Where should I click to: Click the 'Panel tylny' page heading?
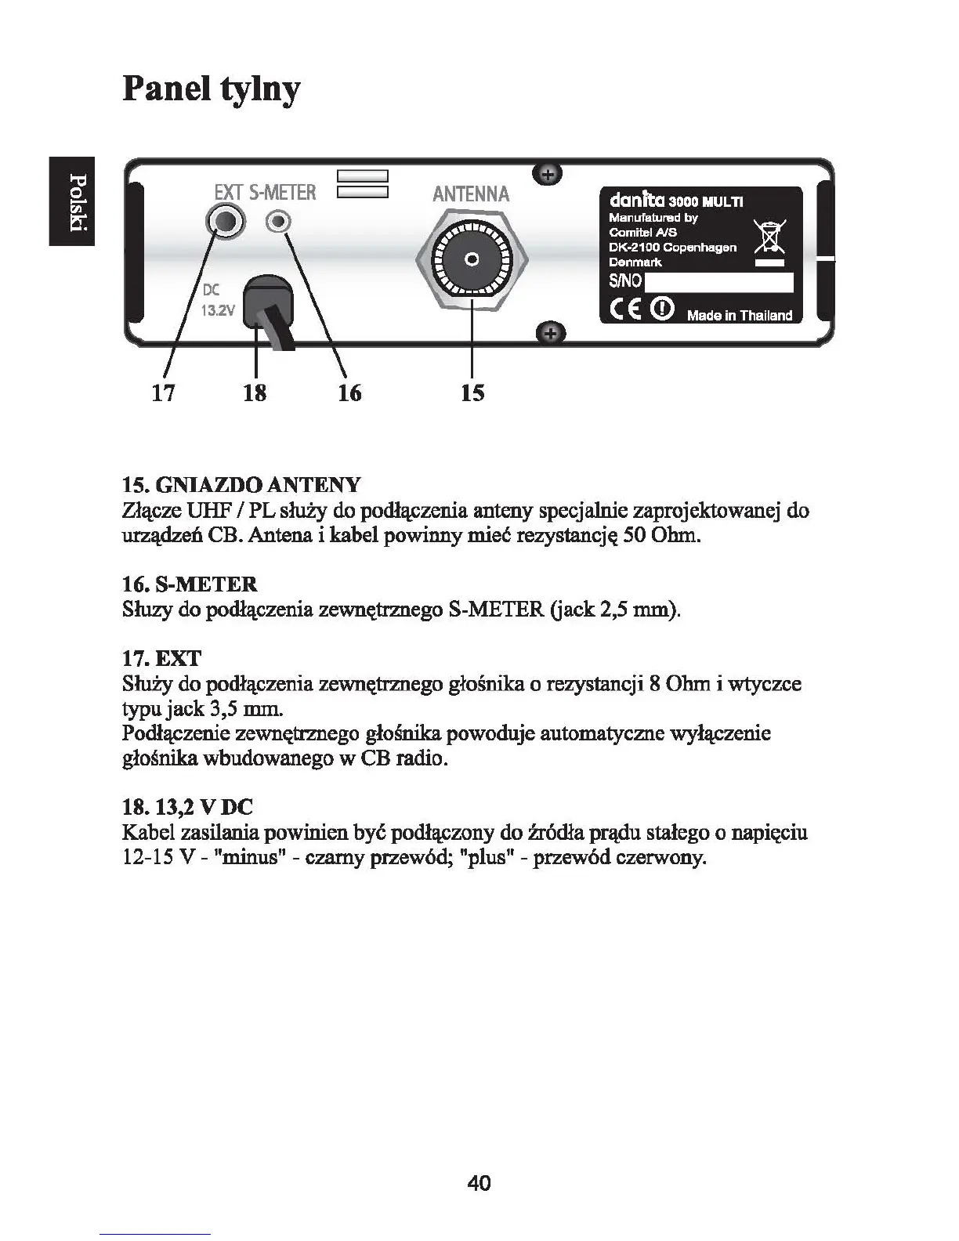[212, 89]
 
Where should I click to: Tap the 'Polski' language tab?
[72, 201]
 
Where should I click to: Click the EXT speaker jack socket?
[224, 223]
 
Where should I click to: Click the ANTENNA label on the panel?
[471, 194]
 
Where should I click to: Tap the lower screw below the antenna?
[550, 333]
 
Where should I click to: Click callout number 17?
[163, 392]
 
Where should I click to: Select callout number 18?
[255, 392]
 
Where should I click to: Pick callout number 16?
[349, 392]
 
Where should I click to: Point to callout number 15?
[472, 392]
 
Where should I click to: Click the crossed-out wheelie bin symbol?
[769, 237]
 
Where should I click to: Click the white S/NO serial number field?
[718, 282]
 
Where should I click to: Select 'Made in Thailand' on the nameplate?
[739, 316]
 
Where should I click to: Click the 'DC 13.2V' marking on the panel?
[217, 299]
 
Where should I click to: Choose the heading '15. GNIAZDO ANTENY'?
[241, 484]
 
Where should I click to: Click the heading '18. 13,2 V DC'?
[188, 806]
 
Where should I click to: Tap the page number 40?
[479, 1183]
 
